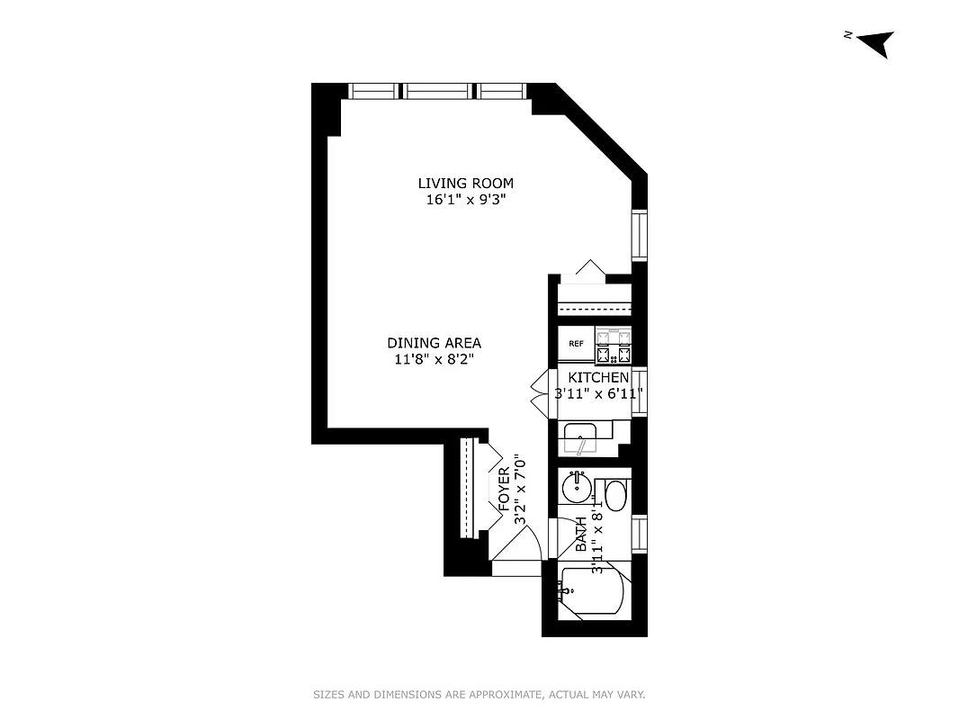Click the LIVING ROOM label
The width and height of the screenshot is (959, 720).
465,184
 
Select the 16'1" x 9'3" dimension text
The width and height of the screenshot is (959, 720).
465,200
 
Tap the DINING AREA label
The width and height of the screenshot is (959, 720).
434,343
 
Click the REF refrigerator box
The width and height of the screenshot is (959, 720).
576,343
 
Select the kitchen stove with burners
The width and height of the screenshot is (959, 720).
613,343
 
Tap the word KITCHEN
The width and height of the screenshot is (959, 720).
598,378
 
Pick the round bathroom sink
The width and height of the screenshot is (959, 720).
576,490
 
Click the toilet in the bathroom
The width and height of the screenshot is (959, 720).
615,495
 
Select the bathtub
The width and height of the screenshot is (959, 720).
591,590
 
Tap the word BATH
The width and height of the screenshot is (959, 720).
581,534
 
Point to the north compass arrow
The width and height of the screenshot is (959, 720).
874,42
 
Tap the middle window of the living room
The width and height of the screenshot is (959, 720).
438,90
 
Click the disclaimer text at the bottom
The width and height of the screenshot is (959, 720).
479,695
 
